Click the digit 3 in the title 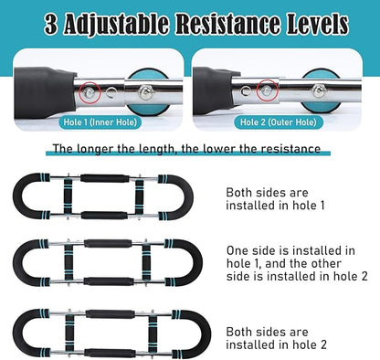51,24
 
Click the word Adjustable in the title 116,25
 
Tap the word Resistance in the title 228,24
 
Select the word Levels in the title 317,24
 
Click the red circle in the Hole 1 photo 90,92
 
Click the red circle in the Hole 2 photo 267,90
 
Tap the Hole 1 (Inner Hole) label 100,122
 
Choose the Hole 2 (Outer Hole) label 279,122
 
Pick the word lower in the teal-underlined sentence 220,149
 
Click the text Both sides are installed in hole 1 275,199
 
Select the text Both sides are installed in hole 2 276,338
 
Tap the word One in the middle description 238,250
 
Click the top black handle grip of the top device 105,178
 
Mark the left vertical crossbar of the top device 69,196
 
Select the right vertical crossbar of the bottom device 153,334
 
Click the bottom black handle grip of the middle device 109,281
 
